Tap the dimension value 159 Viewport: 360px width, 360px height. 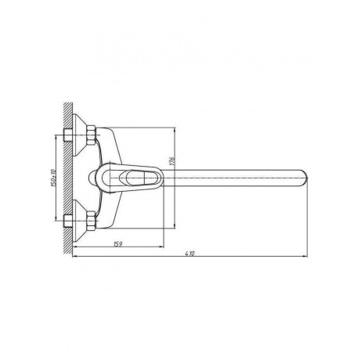click(x=117, y=244)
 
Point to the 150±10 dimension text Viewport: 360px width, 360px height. click(x=54, y=178)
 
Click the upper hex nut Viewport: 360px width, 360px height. click(x=91, y=135)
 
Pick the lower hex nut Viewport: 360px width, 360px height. click(x=91, y=221)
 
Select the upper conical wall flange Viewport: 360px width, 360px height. click(x=79, y=135)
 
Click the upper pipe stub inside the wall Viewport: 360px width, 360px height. click(x=68, y=135)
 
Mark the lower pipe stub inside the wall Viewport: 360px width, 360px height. click(x=68, y=221)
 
